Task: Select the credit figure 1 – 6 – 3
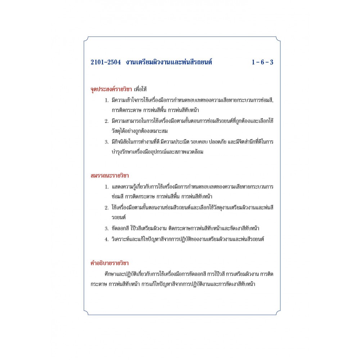(x=262, y=62)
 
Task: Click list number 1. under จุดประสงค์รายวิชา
(x=107, y=100)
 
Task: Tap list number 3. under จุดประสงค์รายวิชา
(x=107, y=142)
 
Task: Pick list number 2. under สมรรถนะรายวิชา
(x=107, y=208)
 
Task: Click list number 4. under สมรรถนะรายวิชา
(x=107, y=239)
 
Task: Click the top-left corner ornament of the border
(x=86, y=39)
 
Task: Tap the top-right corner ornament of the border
(x=274, y=39)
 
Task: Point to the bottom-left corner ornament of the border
(x=86, y=312)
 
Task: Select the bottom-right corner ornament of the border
(x=274, y=312)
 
